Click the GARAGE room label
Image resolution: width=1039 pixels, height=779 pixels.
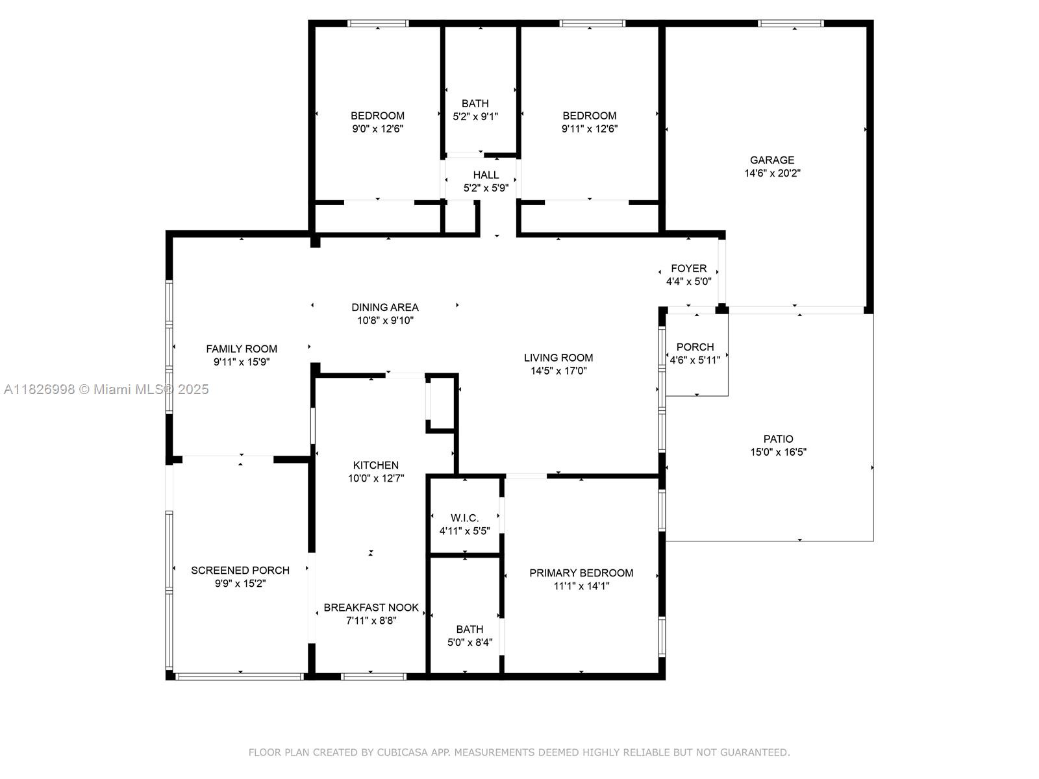coord(772,160)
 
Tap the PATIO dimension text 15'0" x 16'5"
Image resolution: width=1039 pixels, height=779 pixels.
coord(778,452)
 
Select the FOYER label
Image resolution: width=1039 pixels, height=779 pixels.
coord(688,268)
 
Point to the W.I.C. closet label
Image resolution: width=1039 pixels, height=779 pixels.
coord(464,518)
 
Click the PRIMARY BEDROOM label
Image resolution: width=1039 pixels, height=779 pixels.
coord(581,573)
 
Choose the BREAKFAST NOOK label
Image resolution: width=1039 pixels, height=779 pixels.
coord(371,608)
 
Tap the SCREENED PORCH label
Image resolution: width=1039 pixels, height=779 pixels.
coord(240,570)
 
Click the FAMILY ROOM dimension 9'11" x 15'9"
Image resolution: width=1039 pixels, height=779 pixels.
coord(242,362)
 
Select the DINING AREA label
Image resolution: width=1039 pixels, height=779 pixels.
coord(385,307)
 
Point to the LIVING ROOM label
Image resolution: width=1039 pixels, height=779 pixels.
coord(558,358)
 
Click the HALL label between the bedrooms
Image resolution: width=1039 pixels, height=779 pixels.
coord(486,175)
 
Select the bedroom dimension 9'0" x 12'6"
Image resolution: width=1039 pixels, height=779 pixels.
coord(378,129)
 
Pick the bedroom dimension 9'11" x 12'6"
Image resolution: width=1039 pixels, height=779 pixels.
coord(590,129)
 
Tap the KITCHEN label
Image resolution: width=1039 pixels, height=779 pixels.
coord(376,465)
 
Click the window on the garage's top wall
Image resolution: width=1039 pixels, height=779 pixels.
coord(790,24)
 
